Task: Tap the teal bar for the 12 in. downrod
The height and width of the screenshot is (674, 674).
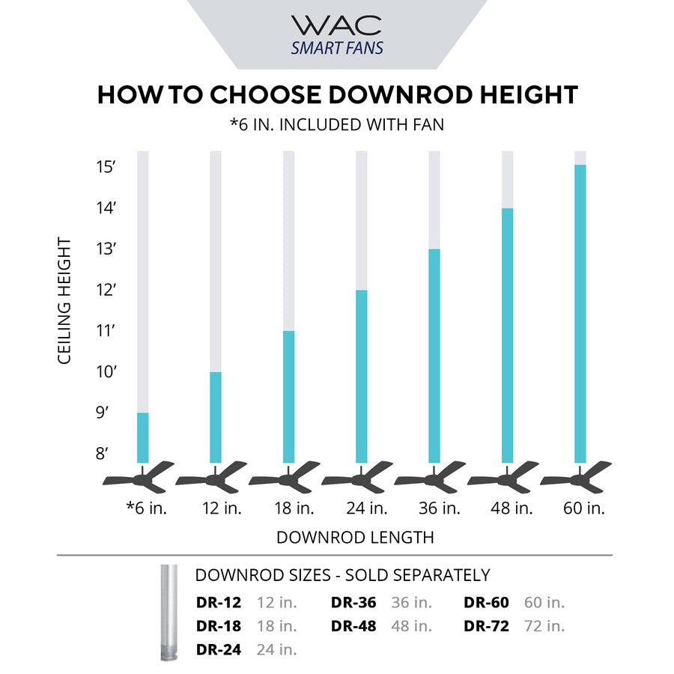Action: [x=216, y=416]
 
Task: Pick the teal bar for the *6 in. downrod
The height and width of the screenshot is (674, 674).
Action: [x=142, y=437]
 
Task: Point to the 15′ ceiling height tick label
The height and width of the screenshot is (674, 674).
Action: [x=106, y=167]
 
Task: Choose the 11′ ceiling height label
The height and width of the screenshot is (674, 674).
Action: [x=106, y=330]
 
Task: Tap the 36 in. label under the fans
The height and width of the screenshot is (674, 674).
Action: [x=439, y=508]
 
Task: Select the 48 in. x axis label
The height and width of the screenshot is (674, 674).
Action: [x=511, y=508]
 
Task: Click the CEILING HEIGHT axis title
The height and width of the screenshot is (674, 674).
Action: [x=64, y=301]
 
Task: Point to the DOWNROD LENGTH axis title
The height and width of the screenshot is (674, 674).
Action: [x=355, y=537]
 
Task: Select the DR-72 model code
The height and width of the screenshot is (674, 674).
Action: [x=486, y=626]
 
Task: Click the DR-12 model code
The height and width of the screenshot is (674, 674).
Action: [x=219, y=603]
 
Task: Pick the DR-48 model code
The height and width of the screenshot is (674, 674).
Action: [x=353, y=626]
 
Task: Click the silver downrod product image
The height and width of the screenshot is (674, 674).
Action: [x=166, y=613]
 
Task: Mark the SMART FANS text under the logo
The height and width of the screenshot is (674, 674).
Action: [x=337, y=49]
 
